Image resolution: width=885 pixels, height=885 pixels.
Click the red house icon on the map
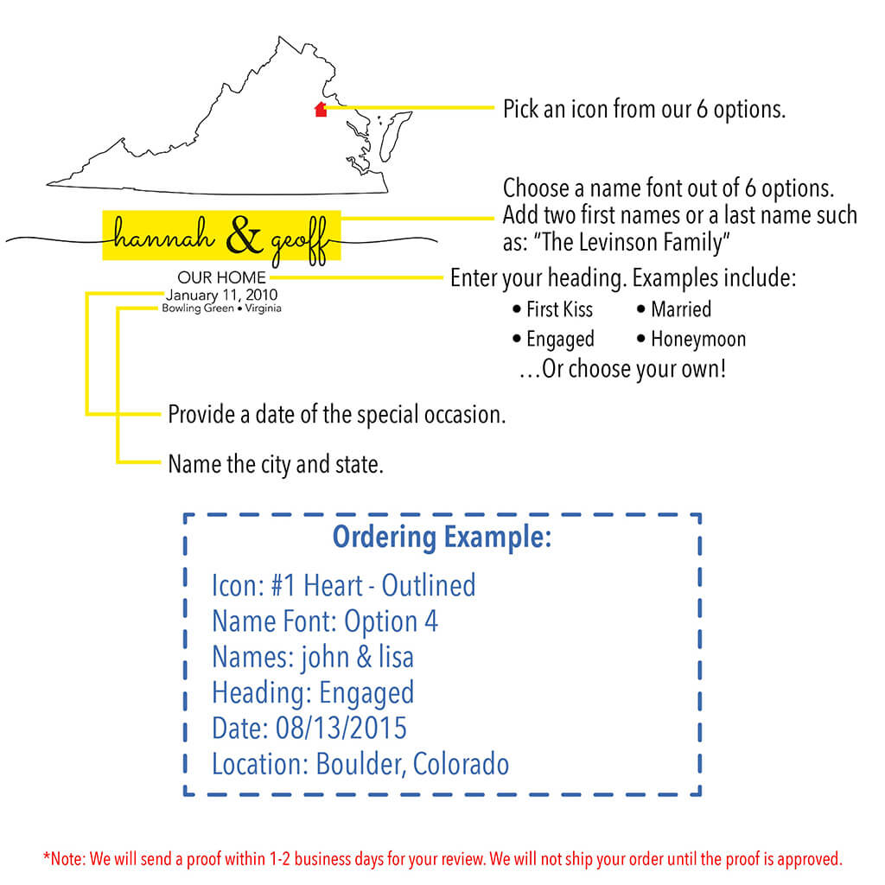pos(321,110)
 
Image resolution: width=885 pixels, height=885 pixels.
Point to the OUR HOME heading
pos(222,278)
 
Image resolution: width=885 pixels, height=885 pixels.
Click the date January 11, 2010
pos(222,295)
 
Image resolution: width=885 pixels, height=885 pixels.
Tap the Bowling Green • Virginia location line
pos(221,309)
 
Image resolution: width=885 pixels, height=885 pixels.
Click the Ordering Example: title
pos(442,537)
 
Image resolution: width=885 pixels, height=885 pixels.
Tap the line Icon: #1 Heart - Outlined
pos(343,585)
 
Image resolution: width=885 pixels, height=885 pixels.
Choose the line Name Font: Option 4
pos(325,621)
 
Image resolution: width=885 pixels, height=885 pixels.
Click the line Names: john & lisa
pos(313,657)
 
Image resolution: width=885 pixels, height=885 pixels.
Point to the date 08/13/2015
pos(341,728)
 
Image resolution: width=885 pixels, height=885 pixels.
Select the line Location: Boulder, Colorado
pos(360,764)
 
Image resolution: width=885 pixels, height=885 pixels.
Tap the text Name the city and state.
pos(276,465)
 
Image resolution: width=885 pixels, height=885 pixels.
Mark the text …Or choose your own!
pos(622,370)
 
